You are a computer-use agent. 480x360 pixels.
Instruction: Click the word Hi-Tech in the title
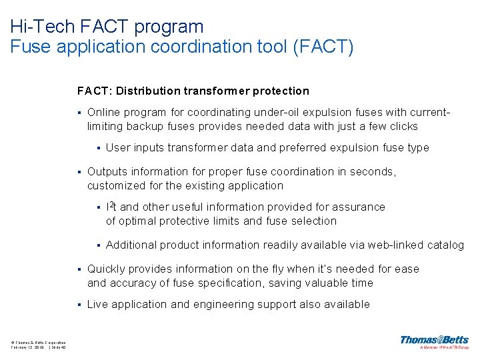click(34, 27)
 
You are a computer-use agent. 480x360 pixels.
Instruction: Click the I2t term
click(112, 207)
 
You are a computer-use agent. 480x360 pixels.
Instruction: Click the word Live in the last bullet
click(97, 305)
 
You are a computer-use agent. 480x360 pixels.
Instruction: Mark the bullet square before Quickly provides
click(79, 269)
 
